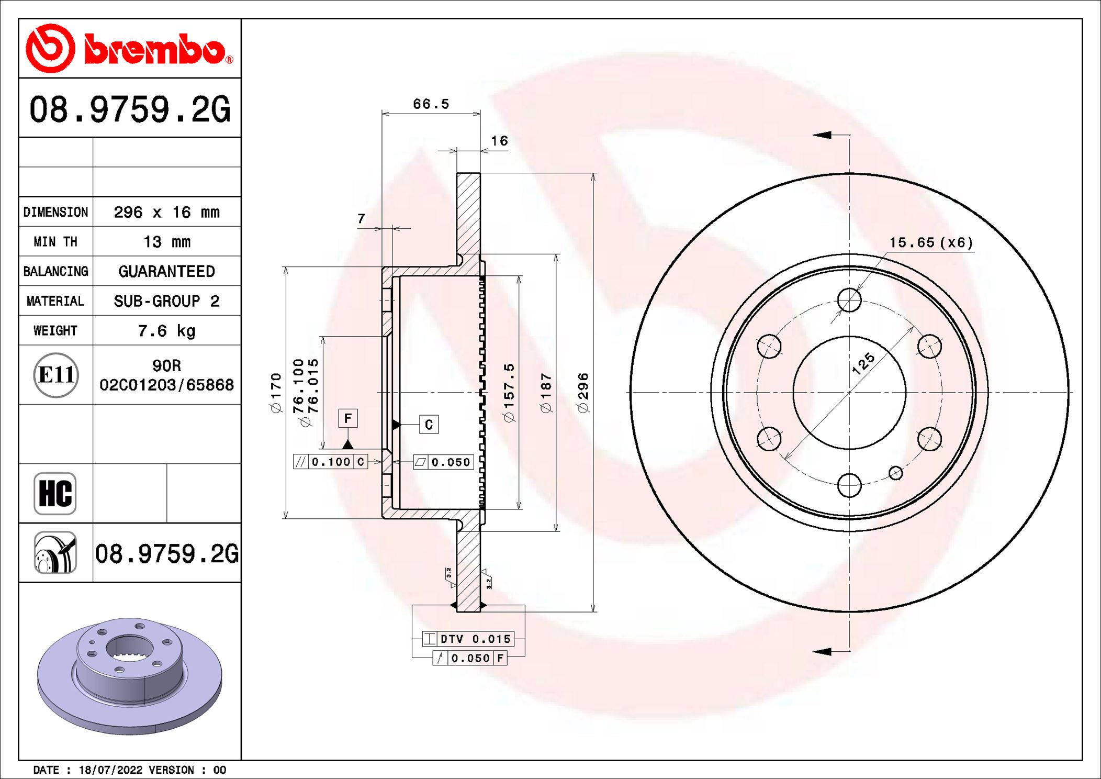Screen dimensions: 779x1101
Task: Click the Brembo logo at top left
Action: [129, 49]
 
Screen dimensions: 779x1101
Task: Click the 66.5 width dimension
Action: [431, 104]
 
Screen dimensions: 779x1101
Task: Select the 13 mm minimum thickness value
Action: [167, 242]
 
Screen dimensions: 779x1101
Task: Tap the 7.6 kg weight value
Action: [167, 331]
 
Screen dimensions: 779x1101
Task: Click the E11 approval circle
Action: [56, 375]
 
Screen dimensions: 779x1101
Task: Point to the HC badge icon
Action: [55, 494]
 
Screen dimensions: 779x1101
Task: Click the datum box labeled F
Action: [348, 418]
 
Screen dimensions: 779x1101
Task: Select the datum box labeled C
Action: [429, 425]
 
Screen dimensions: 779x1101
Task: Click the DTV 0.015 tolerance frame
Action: [468, 639]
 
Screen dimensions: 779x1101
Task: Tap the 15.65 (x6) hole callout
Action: [931, 242]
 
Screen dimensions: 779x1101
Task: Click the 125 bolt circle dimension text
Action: [863, 363]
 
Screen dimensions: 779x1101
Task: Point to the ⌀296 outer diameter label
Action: [583, 393]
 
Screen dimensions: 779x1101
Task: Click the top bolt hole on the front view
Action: [849, 300]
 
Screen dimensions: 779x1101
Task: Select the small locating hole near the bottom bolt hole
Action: [895, 473]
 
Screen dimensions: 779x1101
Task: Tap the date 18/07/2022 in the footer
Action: [110, 770]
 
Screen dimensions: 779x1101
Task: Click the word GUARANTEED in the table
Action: [167, 271]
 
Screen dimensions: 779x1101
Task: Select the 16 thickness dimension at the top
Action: [499, 141]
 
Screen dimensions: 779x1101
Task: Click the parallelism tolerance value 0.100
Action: [331, 462]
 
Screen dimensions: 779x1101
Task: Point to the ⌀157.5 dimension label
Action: [509, 393]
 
